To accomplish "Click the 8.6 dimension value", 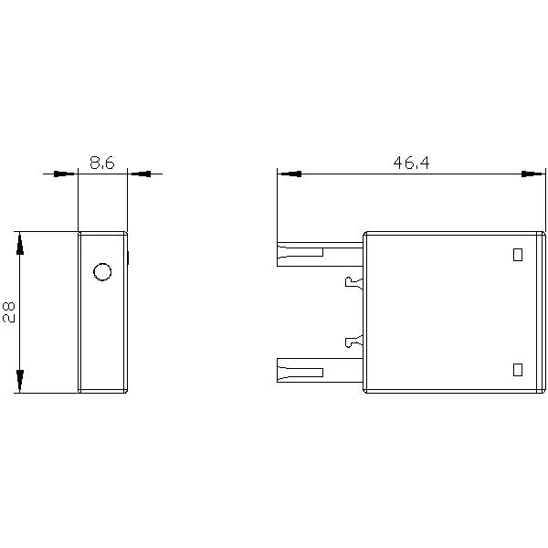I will pos(101,163).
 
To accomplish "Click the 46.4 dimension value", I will pos(411,163).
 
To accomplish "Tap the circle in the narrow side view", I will pos(102,272).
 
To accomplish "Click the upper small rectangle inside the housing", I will pos(518,255).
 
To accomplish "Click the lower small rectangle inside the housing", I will pos(518,369).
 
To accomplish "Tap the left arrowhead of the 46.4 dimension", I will pos(289,174).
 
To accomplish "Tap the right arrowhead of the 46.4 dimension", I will pos(533,174).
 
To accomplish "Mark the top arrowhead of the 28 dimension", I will pos(20,244).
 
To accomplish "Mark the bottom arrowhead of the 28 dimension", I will pos(20,380).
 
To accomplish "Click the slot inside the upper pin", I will pos(307,253).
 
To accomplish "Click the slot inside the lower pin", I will pos(307,372).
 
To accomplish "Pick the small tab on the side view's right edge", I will pos(129,258).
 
